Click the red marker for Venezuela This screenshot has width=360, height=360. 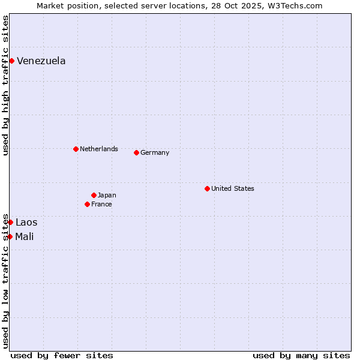tap(11, 61)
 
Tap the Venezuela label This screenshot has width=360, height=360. tap(41, 61)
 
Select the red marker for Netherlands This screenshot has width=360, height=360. tap(76, 149)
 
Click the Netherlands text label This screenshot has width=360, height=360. tap(98, 149)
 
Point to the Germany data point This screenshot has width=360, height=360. tap(136, 152)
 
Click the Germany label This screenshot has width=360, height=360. tap(155, 152)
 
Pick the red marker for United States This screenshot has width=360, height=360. tap(207, 188)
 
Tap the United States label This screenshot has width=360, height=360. tap(232, 188)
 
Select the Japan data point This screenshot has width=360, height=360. tap(94, 195)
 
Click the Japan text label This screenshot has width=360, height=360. tap(107, 195)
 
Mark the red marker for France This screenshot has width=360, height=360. tap(87, 204)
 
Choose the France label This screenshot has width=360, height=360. tap(101, 204)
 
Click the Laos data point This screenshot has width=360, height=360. tap(10, 222)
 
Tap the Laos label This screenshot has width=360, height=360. tap(26, 223)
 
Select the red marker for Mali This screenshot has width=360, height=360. tap(10, 236)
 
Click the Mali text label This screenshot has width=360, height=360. tap(25, 236)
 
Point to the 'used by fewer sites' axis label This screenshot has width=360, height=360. tap(62, 355)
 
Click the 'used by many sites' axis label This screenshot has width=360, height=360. tap(301, 355)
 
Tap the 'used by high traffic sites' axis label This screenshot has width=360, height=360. tap(6, 85)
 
